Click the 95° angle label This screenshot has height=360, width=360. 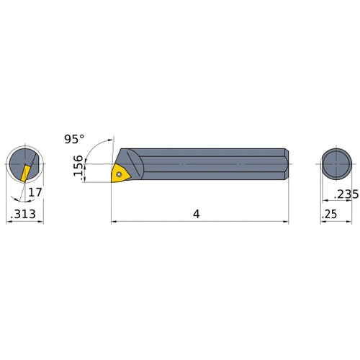click(x=74, y=137)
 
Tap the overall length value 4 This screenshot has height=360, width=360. click(x=196, y=215)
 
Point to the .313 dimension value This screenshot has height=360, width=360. click(x=24, y=215)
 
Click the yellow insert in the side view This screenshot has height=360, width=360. click(x=119, y=173)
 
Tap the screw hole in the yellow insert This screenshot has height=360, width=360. click(x=117, y=173)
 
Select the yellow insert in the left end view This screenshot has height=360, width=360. click(x=25, y=173)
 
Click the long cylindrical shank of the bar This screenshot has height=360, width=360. click(x=216, y=164)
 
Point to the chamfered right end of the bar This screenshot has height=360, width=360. click(x=286, y=164)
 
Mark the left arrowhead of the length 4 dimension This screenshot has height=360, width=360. click(x=114, y=222)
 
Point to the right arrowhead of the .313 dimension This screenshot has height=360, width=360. click(x=41, y=222)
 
